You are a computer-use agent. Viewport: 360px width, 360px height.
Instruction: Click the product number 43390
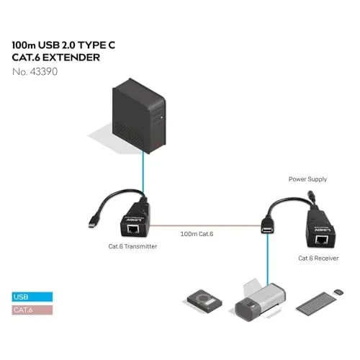(x=43, y=72)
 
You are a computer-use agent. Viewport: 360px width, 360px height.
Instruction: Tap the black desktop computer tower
(x=139, y=116)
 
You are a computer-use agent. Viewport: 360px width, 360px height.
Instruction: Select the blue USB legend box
(x=32, y=297)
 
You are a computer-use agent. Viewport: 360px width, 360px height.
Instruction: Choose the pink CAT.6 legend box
(x=32, y=310)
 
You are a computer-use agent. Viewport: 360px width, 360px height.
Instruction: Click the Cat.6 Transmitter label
(x=132, y=246)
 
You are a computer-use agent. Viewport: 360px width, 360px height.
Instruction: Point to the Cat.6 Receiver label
(x=318, y=258)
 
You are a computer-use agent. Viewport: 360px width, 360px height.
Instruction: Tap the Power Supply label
(x=307, y=179)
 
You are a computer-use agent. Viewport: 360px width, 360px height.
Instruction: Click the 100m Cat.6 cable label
(x=197, y=234)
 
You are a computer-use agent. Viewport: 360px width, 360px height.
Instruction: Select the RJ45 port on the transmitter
(x=132, y=229)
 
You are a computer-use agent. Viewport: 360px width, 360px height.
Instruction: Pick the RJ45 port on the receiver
(x=321, y=239)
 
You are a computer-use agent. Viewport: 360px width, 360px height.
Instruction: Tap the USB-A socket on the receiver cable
(x=268, y=225)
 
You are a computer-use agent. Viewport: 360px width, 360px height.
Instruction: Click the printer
(x=261, y=300)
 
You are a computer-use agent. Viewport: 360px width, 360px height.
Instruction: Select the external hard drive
(x=204, y=301)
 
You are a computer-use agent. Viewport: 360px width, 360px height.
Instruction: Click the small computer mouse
(x=338, y=292)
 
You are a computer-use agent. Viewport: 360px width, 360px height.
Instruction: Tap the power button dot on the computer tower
(x=161, y=117)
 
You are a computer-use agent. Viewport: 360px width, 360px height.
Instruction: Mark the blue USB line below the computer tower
(x=143, y=171)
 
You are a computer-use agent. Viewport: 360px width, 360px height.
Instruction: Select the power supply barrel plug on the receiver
(x=312, y=197)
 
